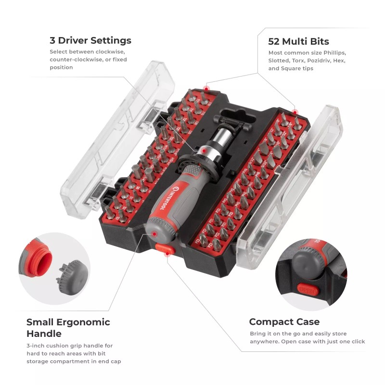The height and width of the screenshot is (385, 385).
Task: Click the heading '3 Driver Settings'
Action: pos(90,40)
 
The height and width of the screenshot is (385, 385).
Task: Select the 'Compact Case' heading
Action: pos(284,321)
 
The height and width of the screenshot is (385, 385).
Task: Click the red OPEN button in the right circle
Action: pos(307,290)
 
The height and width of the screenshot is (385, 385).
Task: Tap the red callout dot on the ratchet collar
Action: pos(204,151)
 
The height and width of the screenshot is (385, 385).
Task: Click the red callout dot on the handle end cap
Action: pos(154,233)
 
